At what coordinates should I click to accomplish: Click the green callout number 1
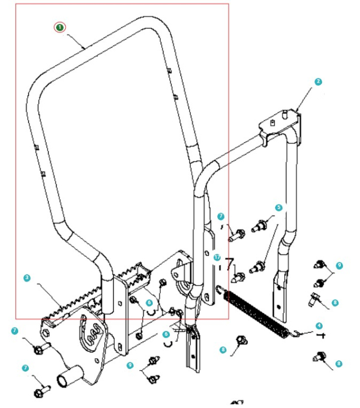click(x=60, y=27)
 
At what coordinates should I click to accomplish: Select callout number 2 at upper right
click(x=318, y=82)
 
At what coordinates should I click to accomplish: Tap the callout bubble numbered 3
click(x=27, y=278)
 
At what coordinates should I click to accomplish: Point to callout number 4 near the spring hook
click(x=319, y=325)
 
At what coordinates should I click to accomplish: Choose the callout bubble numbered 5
click(x=278, y=208)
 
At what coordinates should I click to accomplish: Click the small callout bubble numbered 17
click(x=217, y=257)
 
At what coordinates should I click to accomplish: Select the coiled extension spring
click(x=255, y=313)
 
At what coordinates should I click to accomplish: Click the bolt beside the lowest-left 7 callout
click(x=42, y=390)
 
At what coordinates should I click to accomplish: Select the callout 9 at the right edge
click(x=338, y=265)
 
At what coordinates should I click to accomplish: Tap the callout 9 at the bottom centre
click(x=130, y=365)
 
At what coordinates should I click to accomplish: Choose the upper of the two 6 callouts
click(x=149, y=303)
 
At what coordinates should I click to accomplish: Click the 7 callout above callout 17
click(x=221, y=216)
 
